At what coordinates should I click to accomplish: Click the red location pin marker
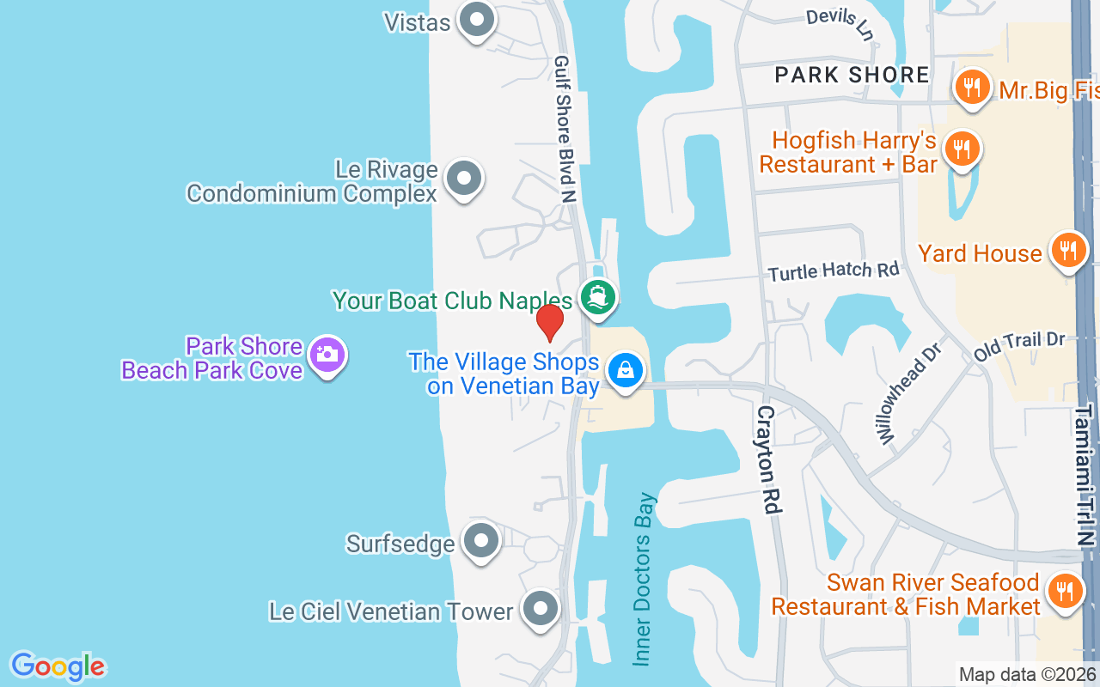pyautogui.click(x=550, y=322)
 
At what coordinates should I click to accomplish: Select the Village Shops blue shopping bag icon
pyautogui.click(x=626, y=371)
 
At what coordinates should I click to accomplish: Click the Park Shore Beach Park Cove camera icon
pyautogui.click(x=327, y=354)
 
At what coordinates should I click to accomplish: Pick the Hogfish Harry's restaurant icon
pyautogui.click(x=962, y=149)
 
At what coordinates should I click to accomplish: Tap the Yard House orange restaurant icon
pyautogui.click(x=1067, y=251)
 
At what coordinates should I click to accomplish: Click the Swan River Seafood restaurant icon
pyautogui.click(x=1065, y=591)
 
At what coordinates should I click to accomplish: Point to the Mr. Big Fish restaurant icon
pyautogui.click(x=971, y=87)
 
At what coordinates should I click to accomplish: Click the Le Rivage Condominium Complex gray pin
pyautogui.click(x=465, y=179)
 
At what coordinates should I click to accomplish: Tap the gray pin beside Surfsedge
pyautogui.click(x=481, y=542)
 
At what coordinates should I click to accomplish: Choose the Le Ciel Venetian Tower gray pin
pyautogui.click(x=541, y=610)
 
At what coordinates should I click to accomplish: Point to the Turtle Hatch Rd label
pyautogui.click(x=834, y=271)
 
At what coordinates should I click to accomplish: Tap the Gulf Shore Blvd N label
pyautogui.click(x=565, y=130)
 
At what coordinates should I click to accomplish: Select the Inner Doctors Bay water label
pyautogui.click(x=644, y=578)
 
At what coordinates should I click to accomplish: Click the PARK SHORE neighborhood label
pyautogui.click(x=852, y=75)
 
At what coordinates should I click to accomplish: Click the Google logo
pyautogui.click(x=58, y=666)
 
